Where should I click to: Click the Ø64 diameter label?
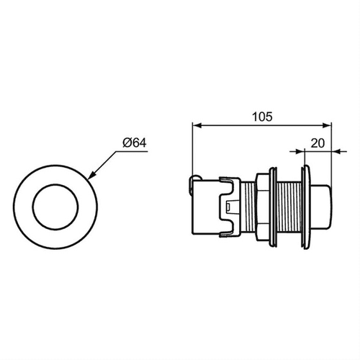click(x=135, y=143)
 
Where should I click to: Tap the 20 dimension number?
click(x=318, y=143)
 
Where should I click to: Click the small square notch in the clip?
click(x=228, y=207)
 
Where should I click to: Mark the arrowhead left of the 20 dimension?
click(x=303, y=150)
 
